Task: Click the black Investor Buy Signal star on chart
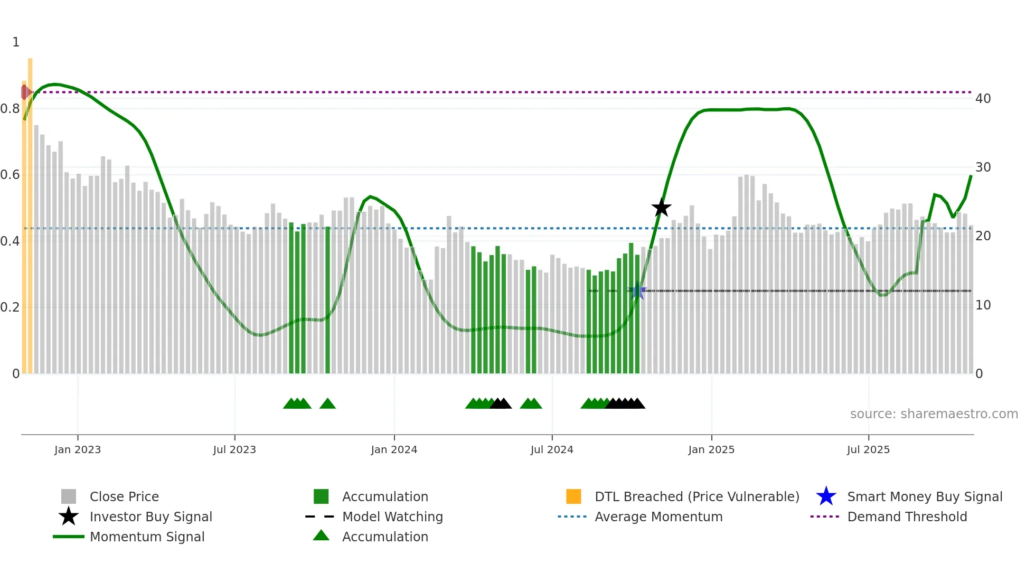coord(661,208)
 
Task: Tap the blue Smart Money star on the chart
coord(637,291)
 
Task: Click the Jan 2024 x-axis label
coord(394,449)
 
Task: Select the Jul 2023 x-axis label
coord(234,449)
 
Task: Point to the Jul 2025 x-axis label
coord(868,449)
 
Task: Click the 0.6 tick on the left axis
coord(10,175)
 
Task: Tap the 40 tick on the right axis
coord(983,99)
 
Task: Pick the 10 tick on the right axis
coord(983,305)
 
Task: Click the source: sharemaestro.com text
coord(934,414)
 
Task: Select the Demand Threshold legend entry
coord(907,517)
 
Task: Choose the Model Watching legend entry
coord(392,517)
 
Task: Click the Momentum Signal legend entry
coord(147,537)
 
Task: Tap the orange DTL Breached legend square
coord(573,496)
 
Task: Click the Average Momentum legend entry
coord(658,517)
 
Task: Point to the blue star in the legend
coord(826,496)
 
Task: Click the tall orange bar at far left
coord(30,211)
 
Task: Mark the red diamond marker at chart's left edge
coord(25,92)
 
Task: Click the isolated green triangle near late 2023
coord(327,404)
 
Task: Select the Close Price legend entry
coord(124,496)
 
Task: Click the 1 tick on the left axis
coord(16,42)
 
